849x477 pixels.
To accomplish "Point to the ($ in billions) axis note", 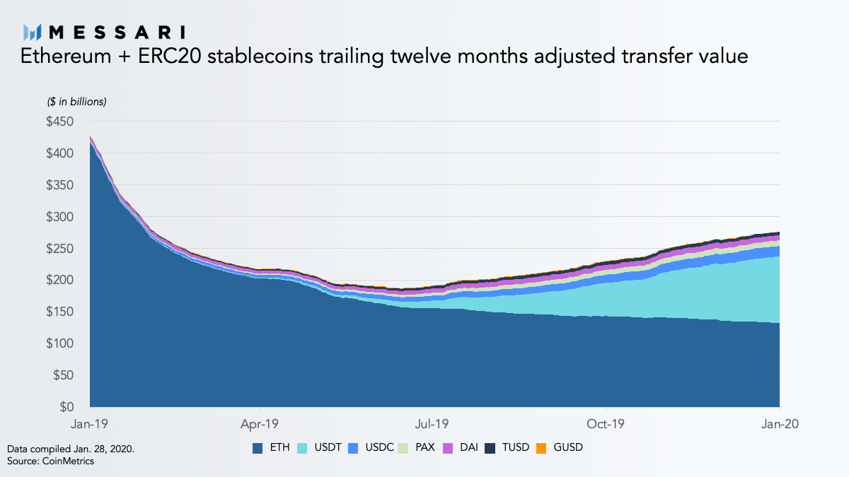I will pos(76,102).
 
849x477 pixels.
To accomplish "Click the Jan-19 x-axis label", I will pos(90,424).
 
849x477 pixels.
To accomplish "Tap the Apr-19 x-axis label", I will pos(260,424).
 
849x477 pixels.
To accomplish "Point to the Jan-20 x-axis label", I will pos(779,424).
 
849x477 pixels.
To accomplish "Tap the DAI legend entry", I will pos(463,448).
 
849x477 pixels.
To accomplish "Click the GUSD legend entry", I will pos(560,448).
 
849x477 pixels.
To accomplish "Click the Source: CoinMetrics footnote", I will pos(50,461).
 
